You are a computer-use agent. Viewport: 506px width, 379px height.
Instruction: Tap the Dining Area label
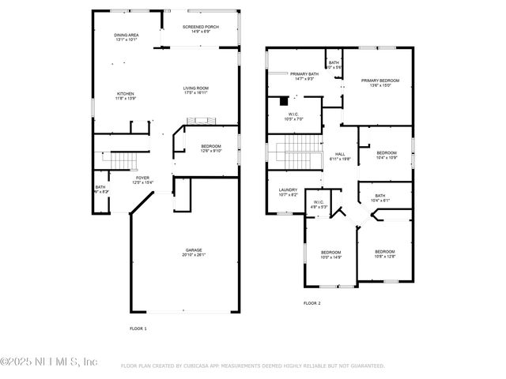(x=126, y=37)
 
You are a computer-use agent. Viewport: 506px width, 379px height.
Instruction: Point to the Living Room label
(x=200, y=90)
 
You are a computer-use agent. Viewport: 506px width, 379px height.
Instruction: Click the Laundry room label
(x=288, y=192)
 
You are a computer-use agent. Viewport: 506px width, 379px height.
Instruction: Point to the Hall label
(x=340, y=156)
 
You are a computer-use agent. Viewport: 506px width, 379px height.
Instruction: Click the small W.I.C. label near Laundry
(x=319, y=205)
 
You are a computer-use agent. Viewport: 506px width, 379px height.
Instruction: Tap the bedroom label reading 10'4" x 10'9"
(x=387, y=155)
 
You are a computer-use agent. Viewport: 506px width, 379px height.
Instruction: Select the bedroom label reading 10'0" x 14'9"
(x=330, y=254)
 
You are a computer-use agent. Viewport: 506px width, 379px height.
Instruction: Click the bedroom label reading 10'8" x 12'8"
(x=385, y=254)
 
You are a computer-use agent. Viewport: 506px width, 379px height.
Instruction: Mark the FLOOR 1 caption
(x=138, y=328)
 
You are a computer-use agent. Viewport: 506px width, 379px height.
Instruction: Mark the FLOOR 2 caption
(x=313, y=302)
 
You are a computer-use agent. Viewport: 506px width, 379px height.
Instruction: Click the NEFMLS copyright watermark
(x=49, y=362)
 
